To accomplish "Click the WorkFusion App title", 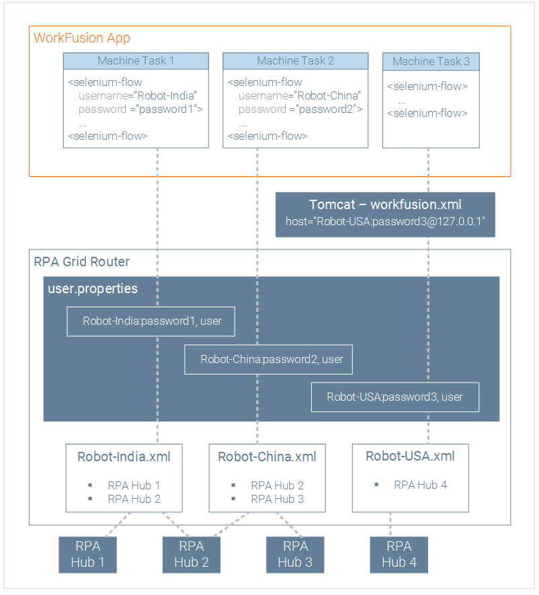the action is [x=82, y=38].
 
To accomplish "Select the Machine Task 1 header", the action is [x=136, y=61].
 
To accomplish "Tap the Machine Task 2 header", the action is [x=296, y=61].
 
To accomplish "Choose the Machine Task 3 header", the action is [x=431, y=61].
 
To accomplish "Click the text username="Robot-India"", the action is [x=138, y=95].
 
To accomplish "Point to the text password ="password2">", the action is [x=300, y=110].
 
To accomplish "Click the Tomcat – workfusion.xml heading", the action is [x=385, y=204].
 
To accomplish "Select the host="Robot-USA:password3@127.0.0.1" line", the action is [x=385, y=221].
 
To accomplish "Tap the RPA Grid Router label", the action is [x=81, y=262].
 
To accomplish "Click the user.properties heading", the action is [x=93, y=289].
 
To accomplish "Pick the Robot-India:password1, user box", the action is [x=151, y=321].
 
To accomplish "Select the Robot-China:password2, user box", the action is [x=269, y=359].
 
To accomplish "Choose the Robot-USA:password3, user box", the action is [x=395, y=397].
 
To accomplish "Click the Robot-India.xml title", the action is [x=124, y=457].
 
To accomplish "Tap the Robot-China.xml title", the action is [x=267, y=457].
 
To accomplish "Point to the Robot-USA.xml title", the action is [x=410, y=456].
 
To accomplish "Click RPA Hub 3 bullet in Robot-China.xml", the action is [x=278, y=499].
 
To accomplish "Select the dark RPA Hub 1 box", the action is [x=87, y=555].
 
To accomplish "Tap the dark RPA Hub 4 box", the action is [x=399, y=555].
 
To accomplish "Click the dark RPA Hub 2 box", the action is [x=192, y=555].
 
